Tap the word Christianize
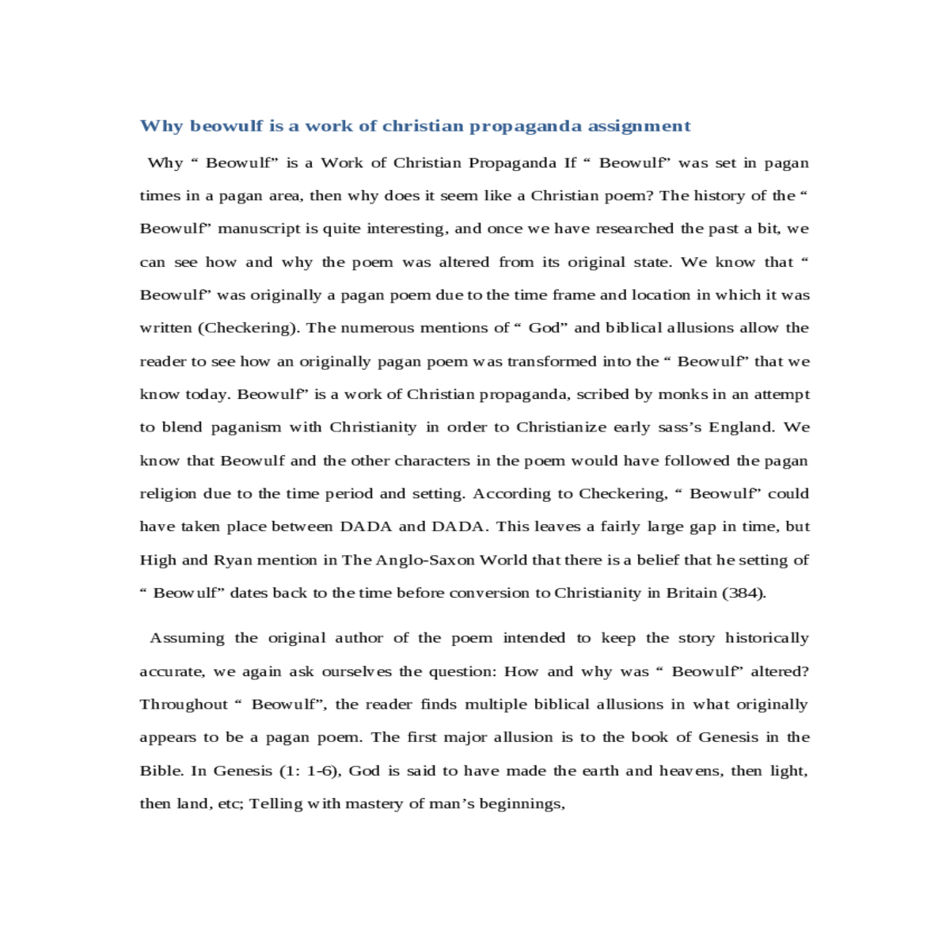[x=560, y=427]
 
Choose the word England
[x=741, y=427]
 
